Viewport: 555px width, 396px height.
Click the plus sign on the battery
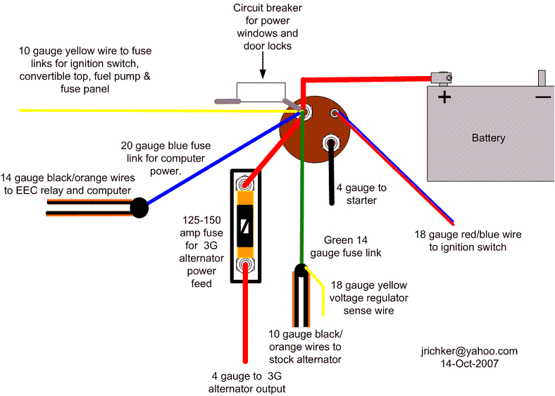[444, 97]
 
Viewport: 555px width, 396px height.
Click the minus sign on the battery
[543, 97]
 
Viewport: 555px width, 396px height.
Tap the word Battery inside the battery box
[488, 138]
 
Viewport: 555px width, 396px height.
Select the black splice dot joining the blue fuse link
[139, 207]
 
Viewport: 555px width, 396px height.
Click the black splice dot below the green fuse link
[301, 270]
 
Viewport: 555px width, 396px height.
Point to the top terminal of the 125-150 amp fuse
[245, 184]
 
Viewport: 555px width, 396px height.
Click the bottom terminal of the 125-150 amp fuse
[245, 266]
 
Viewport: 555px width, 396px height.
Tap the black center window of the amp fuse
[245, 225]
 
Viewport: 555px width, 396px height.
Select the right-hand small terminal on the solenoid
[335, 114]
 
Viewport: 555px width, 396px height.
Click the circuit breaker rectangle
[261, 92]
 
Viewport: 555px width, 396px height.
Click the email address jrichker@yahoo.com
[468, 351]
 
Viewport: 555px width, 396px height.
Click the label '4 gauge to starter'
[361, 194]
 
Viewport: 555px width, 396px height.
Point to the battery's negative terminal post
[542, 77]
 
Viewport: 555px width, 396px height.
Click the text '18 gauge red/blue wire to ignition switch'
[468, 240]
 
